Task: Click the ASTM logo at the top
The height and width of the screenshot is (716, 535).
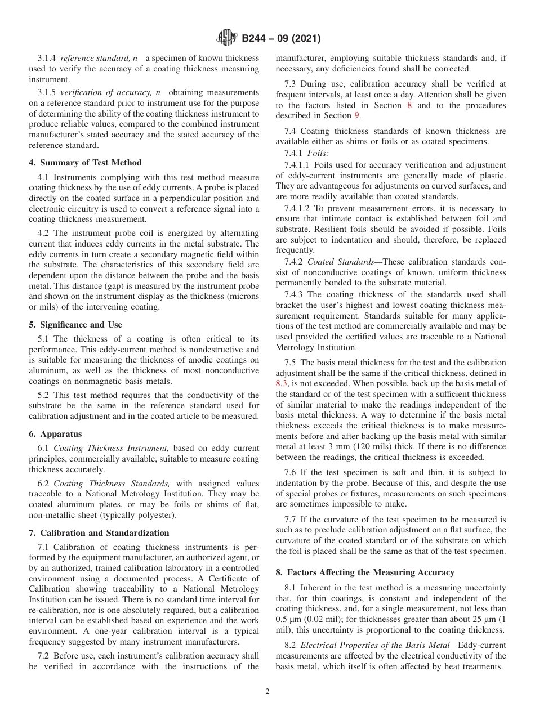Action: (x=226, y=38)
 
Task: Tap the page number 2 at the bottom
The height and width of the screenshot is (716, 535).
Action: (x=267, y=692)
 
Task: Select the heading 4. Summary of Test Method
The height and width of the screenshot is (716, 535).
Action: (x=85, y=163)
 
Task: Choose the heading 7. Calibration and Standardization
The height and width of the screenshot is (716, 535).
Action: (x=99, y=532)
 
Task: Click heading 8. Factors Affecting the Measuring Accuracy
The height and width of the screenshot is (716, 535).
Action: (x=364, y=572)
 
